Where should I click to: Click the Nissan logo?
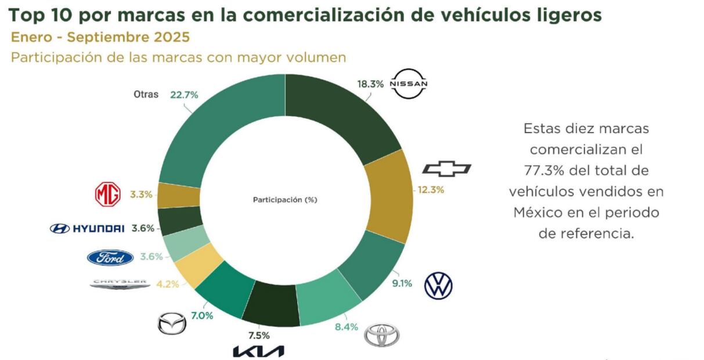(x=409, y=84)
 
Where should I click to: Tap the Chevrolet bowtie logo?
(x=446, y=169)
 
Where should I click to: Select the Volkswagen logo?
(x=438, y=285)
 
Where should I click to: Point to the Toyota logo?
(x=382, y=336)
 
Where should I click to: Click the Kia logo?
(x=258, y=351)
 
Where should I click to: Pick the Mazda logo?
(x=172, y=323)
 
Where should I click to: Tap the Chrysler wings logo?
(x=120, y=284)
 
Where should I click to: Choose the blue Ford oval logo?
(x=110, y=257)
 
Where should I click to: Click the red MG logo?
(x=107, y=195)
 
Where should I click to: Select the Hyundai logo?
(x=88, y=229)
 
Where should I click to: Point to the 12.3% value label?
(x=430, y=190)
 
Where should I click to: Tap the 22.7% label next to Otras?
(x=184, y=95)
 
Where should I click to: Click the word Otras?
(x=146, y=95)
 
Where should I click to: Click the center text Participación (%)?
(x=285, y=199)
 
